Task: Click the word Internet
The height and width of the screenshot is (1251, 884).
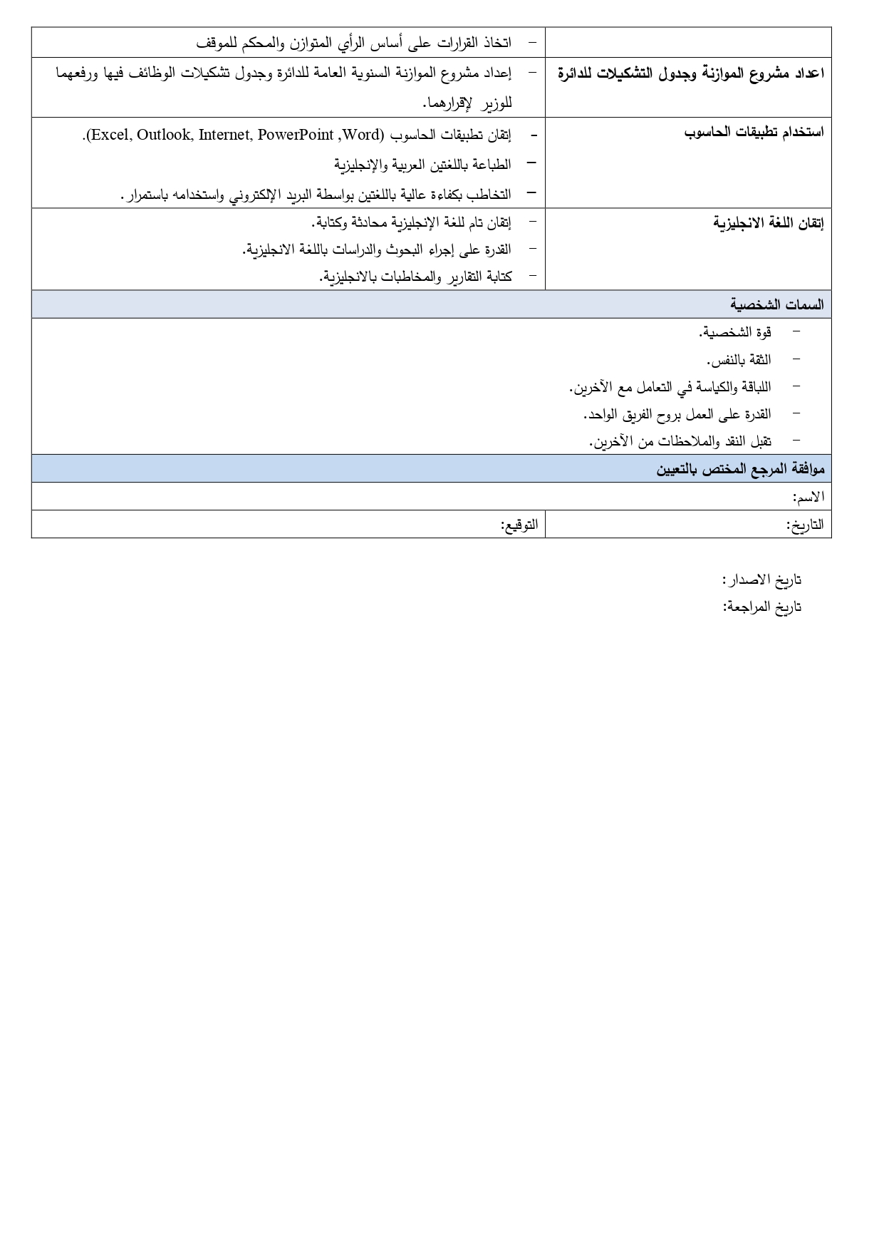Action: point(224,135)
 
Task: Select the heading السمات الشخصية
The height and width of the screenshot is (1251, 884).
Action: point(776,304)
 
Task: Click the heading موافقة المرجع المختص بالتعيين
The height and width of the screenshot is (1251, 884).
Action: point(740,469)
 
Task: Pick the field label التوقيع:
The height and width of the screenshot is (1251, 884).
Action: point(519,525)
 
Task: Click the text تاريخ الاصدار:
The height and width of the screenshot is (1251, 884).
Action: point(761,580)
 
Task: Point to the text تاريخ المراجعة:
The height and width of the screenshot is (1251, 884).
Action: point(761,607)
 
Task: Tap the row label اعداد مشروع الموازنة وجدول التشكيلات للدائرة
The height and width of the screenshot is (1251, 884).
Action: point(690,73)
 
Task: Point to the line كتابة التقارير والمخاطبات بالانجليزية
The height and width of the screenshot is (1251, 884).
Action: point(415,277)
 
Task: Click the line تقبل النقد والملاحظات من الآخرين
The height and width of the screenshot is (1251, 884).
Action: point(680,441)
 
